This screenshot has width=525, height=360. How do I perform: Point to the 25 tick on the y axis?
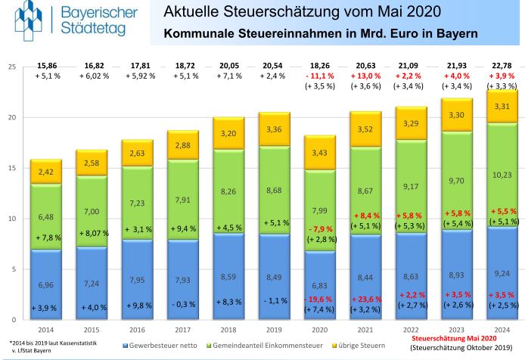point(11,67)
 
